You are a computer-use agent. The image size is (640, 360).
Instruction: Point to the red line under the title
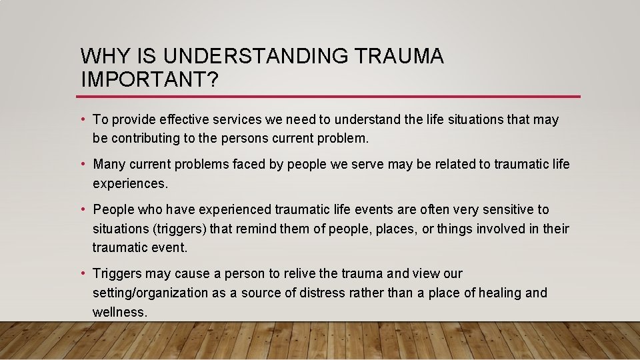coord(330,97)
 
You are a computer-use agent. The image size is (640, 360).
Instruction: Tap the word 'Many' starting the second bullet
coord(109,164)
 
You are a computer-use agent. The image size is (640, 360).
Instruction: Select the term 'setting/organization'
coord(150,293)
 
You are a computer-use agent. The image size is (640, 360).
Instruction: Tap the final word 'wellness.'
coord(120,312)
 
